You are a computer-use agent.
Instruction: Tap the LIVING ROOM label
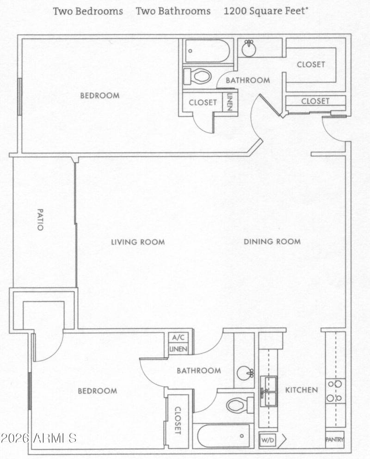point(138,242)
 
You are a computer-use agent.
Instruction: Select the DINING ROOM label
point(272,241)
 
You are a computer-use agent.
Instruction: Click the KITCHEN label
point(301,390)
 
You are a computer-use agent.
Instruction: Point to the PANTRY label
point(334,440)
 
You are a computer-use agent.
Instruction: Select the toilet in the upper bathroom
point(197,76)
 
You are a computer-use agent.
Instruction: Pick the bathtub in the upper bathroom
point(207,51)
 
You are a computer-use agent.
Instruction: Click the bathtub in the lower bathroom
point(223,435)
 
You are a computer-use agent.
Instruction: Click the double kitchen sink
point(268,391)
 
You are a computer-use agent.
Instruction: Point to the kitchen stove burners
point(334,391)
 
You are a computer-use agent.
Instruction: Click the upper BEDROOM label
point(99,96)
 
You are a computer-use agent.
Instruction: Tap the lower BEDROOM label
point(97,391)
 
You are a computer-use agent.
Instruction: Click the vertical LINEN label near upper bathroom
point(229,102)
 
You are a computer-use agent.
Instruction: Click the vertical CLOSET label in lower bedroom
point(178,420)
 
